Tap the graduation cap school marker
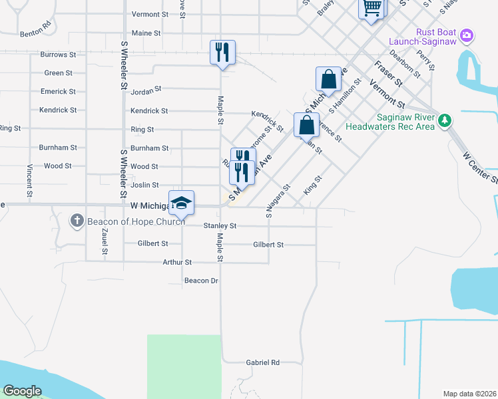pyautogui.click(x=181, y=203)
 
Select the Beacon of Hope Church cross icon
pyautogui.click(x=77, y=221)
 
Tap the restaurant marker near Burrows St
pyautogui.click(x=222, y=52)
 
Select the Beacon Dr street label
pyautogui.click(x=201, y=281)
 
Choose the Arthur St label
pyautogui.click(x=177, y=263)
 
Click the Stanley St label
pyautogui.click(x=220, y=226)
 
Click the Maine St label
pyautogui.click(x=146, y=33)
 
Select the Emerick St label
pyautogui.click(x=58, y=92)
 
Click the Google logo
pyautogui.click(x=22, y=391)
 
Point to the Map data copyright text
pyautogui.click(x=469, y=394)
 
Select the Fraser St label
pyautogui.click(x=388, y=73)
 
